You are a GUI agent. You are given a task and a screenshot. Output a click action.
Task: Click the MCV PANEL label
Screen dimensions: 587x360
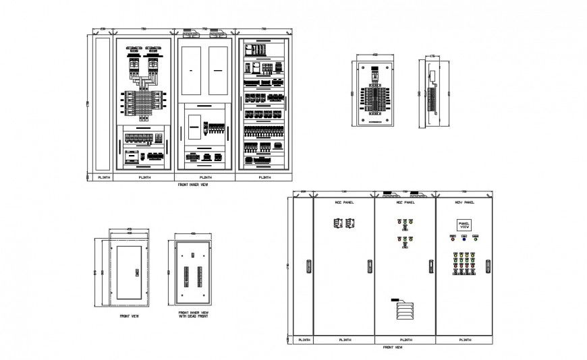[x=464, y=202]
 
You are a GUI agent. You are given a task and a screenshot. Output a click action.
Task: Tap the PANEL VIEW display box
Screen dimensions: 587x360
[x=464, y=226]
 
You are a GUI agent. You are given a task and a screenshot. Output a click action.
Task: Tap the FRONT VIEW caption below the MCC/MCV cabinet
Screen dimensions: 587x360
[x=392, y=347]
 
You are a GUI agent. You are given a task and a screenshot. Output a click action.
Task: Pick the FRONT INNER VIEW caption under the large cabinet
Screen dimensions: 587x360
[x=192, y=184]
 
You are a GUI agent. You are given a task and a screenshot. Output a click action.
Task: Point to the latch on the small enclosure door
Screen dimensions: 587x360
[x=137, y=272]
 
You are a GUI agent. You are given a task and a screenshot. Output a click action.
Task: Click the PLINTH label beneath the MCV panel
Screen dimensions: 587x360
[x=464, y=340]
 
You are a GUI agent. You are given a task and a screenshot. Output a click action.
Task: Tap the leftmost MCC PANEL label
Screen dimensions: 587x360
[x=344, y=202]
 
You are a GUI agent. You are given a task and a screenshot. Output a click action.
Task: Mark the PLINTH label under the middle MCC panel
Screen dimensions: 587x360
[x=405, y=340]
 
